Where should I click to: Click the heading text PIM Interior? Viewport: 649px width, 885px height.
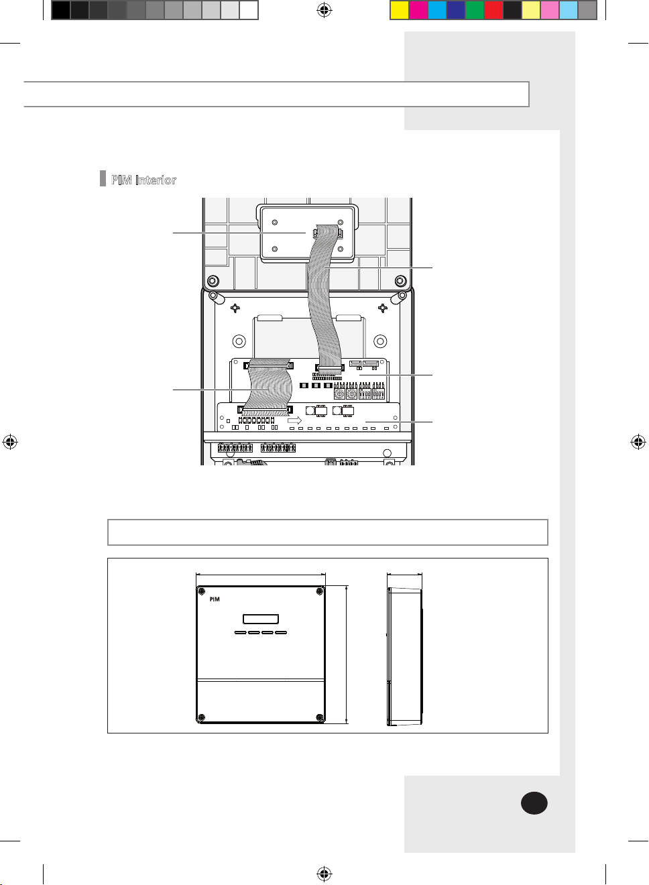click(x=143, y=180)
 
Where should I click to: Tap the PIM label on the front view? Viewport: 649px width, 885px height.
click(x=215, y=599)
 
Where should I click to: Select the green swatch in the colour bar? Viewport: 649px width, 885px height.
click(x=475, y=10)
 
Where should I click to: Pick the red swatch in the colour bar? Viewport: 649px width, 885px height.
click(x=493, y=10)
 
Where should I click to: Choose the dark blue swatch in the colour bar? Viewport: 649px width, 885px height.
click(x=456, y=10)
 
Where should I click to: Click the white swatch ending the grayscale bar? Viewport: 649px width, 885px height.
click(x=249, y=10)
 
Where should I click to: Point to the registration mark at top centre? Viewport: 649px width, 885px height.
click(x=324, y=11)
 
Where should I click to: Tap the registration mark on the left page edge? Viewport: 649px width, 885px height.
click(x=10, y=442)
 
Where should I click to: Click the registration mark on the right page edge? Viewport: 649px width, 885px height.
click(x=638, y=442)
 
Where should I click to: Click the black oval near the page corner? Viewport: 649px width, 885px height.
click(x=534, y=803)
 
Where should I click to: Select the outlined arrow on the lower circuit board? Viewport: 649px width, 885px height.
click(x=295, y=420)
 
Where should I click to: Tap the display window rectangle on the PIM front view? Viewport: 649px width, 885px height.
click(x=261, y=619)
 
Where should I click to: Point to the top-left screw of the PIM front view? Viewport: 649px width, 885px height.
click(x=202, y=591)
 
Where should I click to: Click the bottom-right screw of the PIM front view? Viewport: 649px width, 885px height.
click(x=320, y=717)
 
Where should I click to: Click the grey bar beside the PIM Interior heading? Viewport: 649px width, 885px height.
click(x=103, y=178)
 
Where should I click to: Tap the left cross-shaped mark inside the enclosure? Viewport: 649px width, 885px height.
click(x=235, y=308)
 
